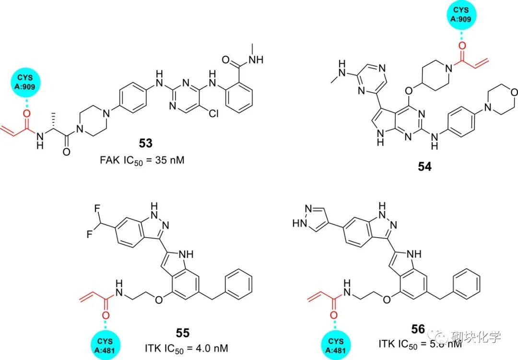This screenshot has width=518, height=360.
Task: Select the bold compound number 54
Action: (424, 167)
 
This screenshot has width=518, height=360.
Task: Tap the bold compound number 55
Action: (183, 333)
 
